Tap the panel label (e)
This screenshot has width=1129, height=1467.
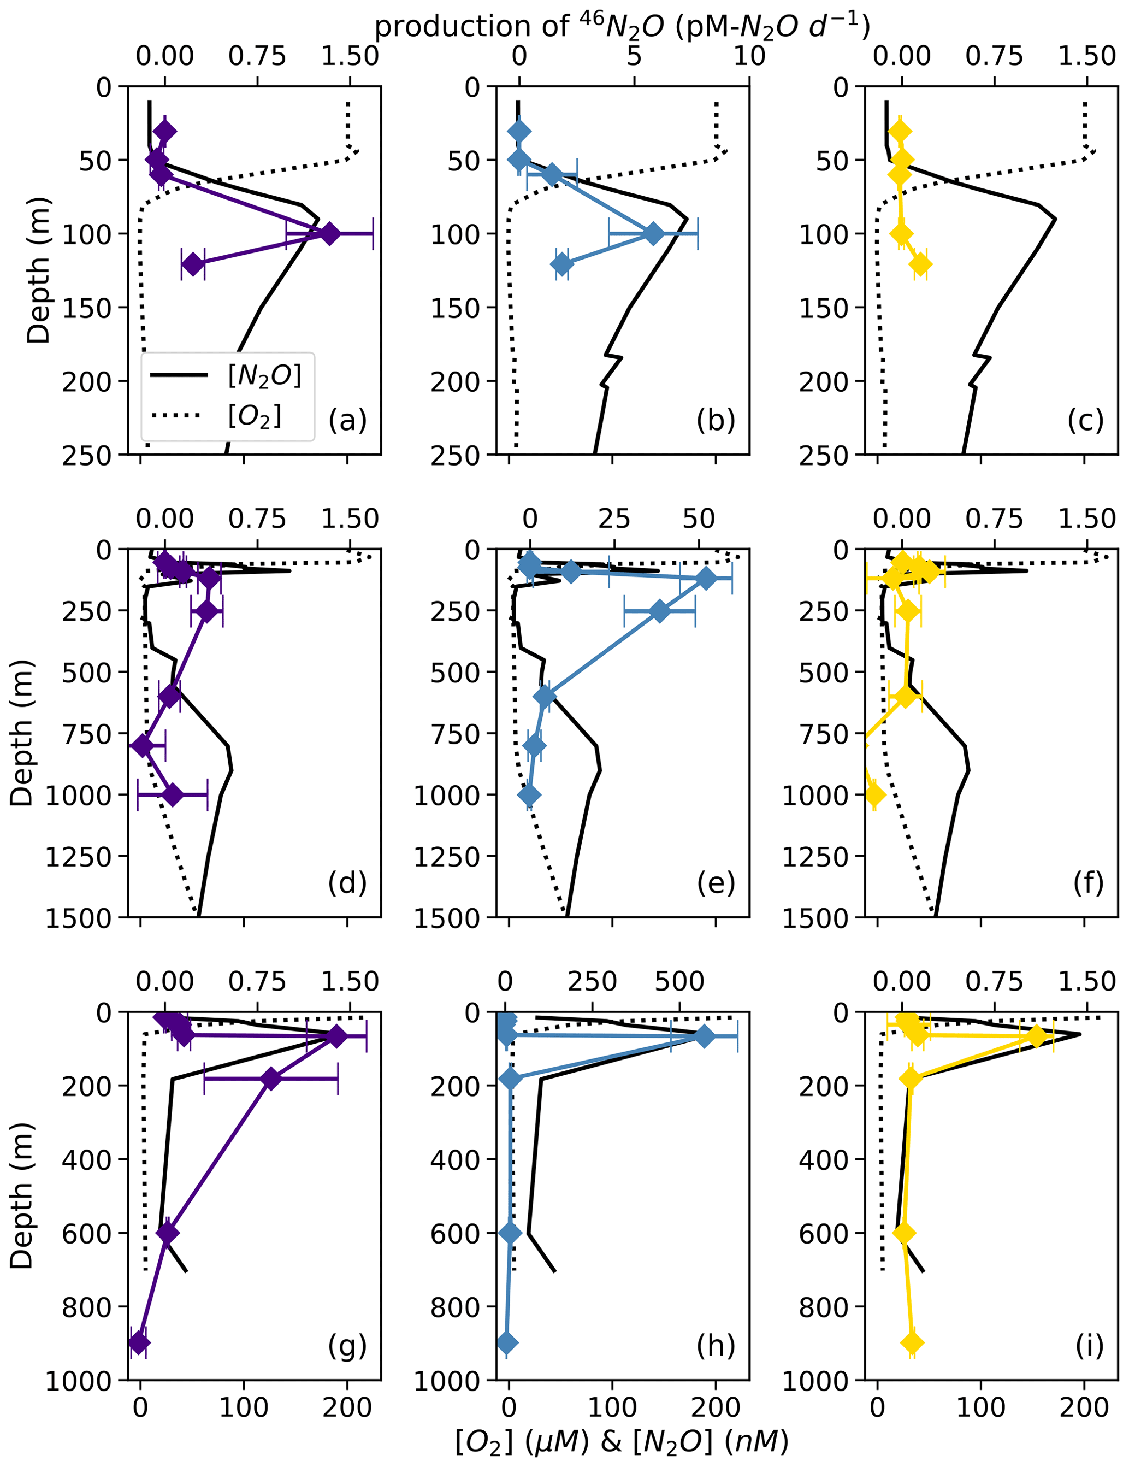click(x=716, y=882)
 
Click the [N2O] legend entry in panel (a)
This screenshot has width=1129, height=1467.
click(x=264, y=375)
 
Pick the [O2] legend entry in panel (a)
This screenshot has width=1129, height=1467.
click(x=255, y=416)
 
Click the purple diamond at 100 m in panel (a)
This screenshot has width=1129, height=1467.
click(x=329, y=234)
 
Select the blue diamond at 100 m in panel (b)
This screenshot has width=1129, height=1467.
click(x=653, y=234)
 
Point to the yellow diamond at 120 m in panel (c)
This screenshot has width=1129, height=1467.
click(x=920, y=264)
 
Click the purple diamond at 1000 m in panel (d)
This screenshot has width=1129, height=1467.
click(x=173, y=794)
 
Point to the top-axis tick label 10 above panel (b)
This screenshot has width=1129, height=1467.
click(x=749, y=56)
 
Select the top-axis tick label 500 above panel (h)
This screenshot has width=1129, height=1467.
click(x=679, y=982)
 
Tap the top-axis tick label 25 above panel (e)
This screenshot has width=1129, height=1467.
click(x=614, y=519)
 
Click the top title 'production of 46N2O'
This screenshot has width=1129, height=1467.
click(x=621, y=26)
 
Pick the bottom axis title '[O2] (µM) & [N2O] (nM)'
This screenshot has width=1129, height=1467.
click(x=621, y=1440)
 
